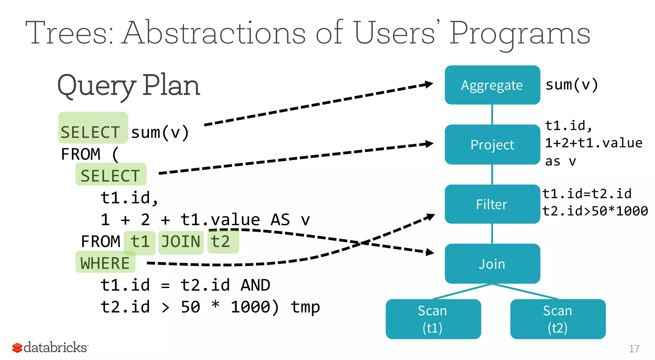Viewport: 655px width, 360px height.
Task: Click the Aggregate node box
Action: pos(492,85)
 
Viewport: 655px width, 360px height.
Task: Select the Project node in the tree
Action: pos(492,145)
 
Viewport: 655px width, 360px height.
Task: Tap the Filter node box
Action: pos(492,204)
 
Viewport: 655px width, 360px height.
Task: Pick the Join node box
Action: pos(492,264)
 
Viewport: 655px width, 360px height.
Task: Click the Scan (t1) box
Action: pos(433,319)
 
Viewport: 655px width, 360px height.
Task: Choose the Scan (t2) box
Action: pos(557,319)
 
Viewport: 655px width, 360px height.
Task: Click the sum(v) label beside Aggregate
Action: pos(572,85)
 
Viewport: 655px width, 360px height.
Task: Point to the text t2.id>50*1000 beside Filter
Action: pos(595,211)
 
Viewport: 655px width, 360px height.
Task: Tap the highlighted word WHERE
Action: pos(105,263)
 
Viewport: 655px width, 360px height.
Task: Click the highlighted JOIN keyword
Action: pos(181,242)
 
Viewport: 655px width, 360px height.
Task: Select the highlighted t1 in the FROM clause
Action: pos(140,242)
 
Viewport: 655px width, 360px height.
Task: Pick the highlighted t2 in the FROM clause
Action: pos(221,242)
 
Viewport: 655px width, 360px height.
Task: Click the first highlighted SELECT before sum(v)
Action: pos(91,132)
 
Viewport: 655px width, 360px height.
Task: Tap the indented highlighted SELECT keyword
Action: pos(110,176)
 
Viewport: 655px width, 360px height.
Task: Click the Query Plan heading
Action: pos(129,86)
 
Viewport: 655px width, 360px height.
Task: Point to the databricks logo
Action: pos(50,347)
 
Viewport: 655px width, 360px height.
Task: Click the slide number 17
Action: pos(634,349)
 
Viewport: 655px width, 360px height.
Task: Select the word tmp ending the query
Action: pos(305,307)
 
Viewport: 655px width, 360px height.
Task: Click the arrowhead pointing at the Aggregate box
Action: pos(428,85)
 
